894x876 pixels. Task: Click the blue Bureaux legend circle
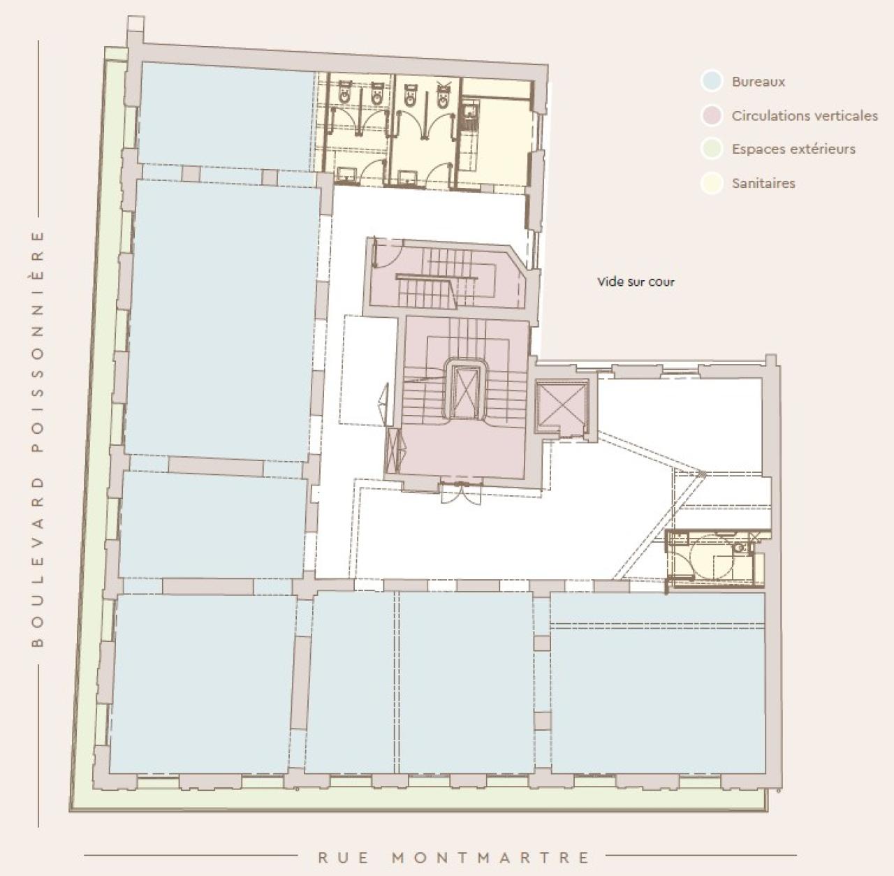tap(711, 81)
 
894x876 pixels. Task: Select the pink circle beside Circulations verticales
tap(711, 115)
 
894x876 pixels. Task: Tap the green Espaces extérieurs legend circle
tap(711, 149)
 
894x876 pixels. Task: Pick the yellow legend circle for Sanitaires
tap(711, 183)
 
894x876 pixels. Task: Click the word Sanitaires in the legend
tap(763, 184)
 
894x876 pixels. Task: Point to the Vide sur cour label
tap(636, 282)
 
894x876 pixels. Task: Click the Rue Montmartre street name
tap(454, 857)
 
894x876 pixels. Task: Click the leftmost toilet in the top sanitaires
tap(345, 92)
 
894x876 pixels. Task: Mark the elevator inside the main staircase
tap(464, 391)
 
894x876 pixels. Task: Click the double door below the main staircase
tap(460, 492)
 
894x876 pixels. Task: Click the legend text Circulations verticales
tap(805, 116)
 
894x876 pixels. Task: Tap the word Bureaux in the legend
tap(759, 82)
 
